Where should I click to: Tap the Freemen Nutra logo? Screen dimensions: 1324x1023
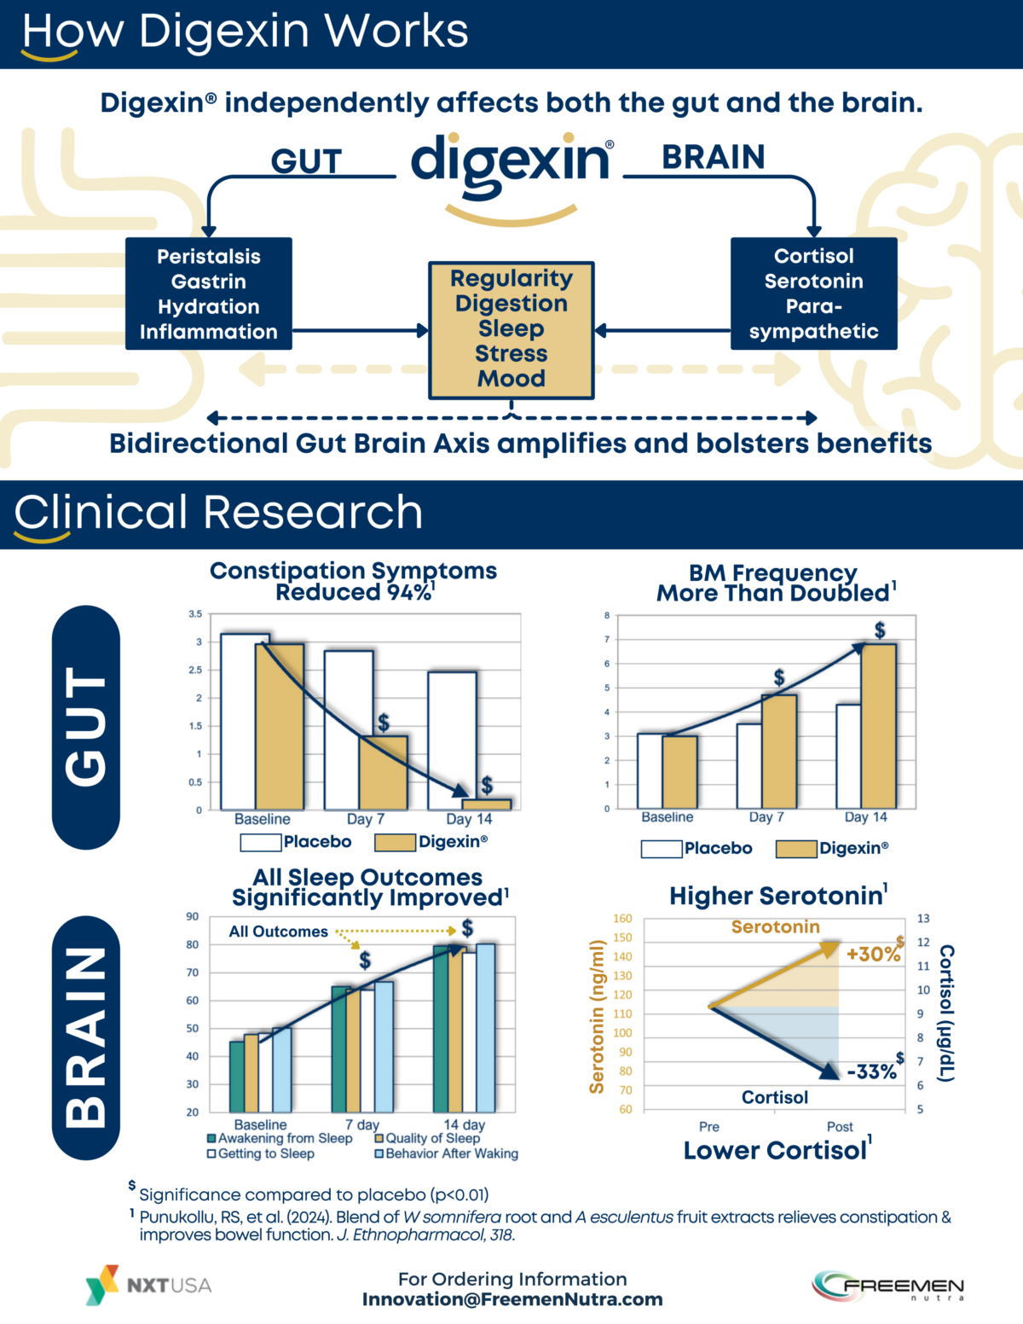[888, 1286]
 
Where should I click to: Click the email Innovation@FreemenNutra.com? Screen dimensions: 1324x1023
[512, 1299]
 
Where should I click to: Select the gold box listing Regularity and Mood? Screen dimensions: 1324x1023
[511, 329]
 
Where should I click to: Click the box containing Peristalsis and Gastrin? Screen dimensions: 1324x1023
[209, 293]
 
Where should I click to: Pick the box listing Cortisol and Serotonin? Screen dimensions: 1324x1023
[813, 293]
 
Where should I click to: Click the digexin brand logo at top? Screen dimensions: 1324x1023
[511, 162]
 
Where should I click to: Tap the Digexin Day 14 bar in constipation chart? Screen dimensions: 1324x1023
[486, 804]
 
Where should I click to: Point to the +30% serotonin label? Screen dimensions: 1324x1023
[873, 955]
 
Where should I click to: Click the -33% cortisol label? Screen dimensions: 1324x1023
[871, 1072]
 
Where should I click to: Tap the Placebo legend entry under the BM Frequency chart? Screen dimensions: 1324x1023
[696, 848]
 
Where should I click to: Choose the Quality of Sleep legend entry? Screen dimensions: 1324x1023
[427, 1138]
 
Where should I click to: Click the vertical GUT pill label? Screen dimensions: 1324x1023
[86, 727]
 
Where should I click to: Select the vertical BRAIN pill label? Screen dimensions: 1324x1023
[86, 1037]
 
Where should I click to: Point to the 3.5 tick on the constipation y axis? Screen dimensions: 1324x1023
[195, 614]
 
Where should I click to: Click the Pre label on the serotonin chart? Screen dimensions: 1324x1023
[708, 1127]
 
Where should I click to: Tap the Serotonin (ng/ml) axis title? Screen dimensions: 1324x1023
[597, 1016]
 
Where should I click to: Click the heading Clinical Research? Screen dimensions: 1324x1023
[218, 513]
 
